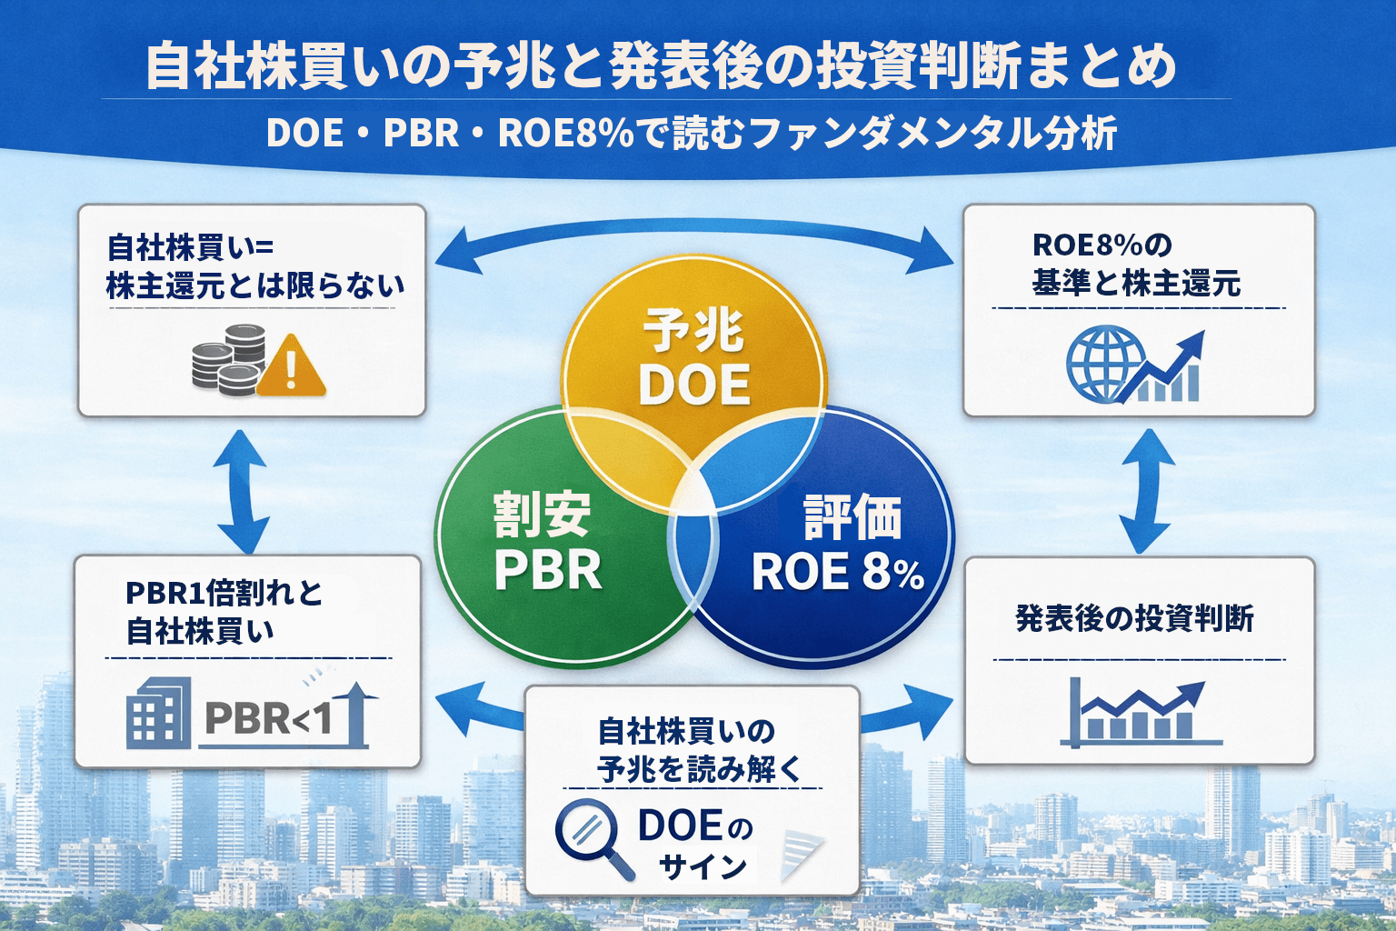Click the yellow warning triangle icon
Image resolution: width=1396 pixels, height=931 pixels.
click(291, 368)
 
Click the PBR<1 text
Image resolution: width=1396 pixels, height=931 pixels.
click(269, 718)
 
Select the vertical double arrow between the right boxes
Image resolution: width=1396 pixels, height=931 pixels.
click(1145, 491)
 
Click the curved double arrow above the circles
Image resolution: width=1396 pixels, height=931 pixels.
click(693, 235)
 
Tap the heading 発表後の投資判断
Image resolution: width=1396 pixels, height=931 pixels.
click(1134, 618)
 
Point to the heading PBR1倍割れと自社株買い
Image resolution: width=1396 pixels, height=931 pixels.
click(223, 611)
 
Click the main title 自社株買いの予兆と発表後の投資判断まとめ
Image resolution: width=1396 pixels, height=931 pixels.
click(661, 66)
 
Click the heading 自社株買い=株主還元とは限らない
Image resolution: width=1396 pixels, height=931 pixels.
click(254, 266)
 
